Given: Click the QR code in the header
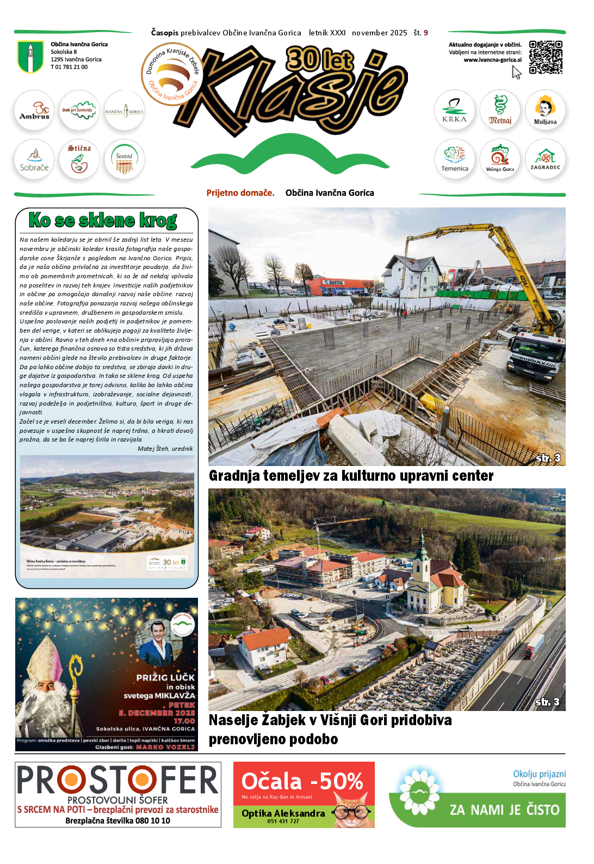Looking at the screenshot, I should point(546,57).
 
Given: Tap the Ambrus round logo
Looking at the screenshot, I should point(34,110).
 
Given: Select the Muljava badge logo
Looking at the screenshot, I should point(545,110).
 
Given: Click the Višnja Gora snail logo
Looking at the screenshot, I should point(500,159).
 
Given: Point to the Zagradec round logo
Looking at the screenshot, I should point(545,159).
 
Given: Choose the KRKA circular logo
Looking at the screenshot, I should point(454,110).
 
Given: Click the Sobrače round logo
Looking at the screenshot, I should point(34,160).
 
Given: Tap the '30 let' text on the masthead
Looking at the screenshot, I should point(320,59).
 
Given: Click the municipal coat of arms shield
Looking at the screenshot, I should point(30,57).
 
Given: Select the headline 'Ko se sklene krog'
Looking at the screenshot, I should point(103,220).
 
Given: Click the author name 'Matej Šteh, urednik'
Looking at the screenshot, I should point(165,449).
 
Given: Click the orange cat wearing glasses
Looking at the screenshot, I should point(353,812).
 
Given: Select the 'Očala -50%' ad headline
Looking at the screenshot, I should point(302,781).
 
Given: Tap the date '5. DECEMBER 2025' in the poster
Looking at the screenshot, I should point(157,713).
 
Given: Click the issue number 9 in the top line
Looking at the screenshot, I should point(426,33).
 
